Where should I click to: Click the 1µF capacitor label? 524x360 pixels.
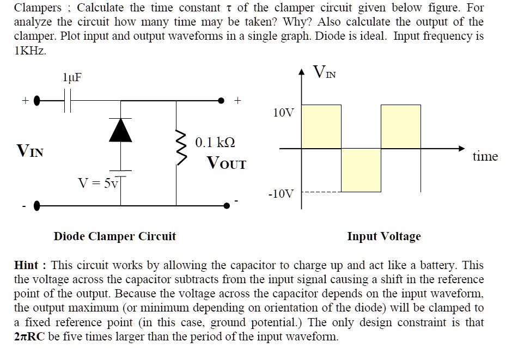[x=72, y=77]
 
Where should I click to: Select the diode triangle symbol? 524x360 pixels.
[x=120, y=129]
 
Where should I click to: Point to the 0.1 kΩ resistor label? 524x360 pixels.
[x=215, y=143]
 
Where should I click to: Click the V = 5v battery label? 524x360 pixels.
[x=98, y=183]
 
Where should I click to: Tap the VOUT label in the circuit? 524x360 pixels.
[x=226, y=163]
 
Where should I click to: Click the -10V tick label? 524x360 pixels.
[x=281, y=194]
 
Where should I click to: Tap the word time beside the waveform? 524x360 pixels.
[x=485, y=157]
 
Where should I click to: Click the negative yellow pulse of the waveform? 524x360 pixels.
[x=361, y=169]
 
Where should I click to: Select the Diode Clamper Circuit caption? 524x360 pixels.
[x=114, y=236]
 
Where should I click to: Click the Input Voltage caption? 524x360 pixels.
[x=384, y=236]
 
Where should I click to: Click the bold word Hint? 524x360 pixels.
[x=26, y=266]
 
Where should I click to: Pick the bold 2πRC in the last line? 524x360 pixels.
[x=29, y=337]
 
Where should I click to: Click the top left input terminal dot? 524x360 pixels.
[x=36, y=101]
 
